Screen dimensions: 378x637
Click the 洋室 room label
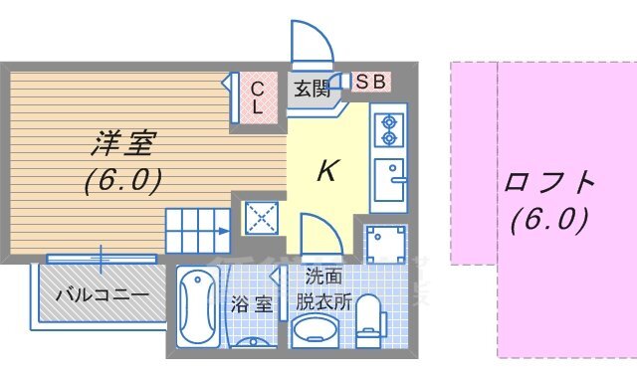pyautogui.click(x=123, y=144)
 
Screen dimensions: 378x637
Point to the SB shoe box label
pyautogui.click(x=371, y=81)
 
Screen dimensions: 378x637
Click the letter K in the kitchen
pyautogui.click(x=325, y=171)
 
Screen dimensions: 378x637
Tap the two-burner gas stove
pyautogui.click(x=386, y=129)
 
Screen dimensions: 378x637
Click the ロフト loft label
pyautogui.click(x=549, y=184)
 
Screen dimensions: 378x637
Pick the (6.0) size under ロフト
pyautogui.click(x=548, y=218)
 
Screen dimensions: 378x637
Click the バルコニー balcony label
pyautogui.click(x=102, y=294)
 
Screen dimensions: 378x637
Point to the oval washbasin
pyautogui.click(x=317, y=331)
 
